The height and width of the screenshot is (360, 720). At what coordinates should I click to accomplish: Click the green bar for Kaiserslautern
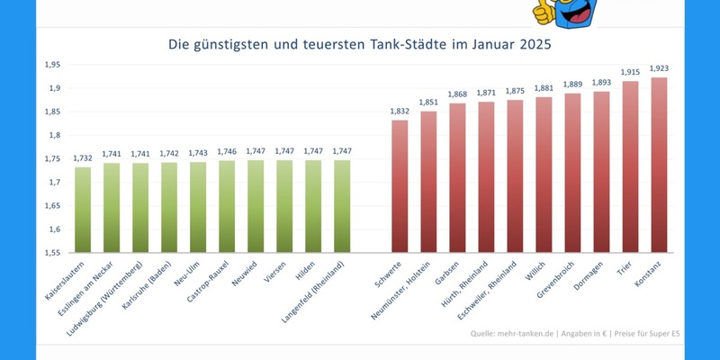point(83,210)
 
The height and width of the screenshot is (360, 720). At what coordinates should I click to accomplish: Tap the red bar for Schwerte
point(400,186)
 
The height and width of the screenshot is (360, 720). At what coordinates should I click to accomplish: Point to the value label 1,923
point(659,67)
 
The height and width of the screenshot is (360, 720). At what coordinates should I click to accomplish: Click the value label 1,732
point(83,157)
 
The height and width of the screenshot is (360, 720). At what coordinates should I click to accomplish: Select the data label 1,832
point(400,111)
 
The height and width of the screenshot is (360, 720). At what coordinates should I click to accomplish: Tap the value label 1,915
point(630,71)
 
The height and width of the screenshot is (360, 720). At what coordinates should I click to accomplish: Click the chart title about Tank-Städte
point(360,42)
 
